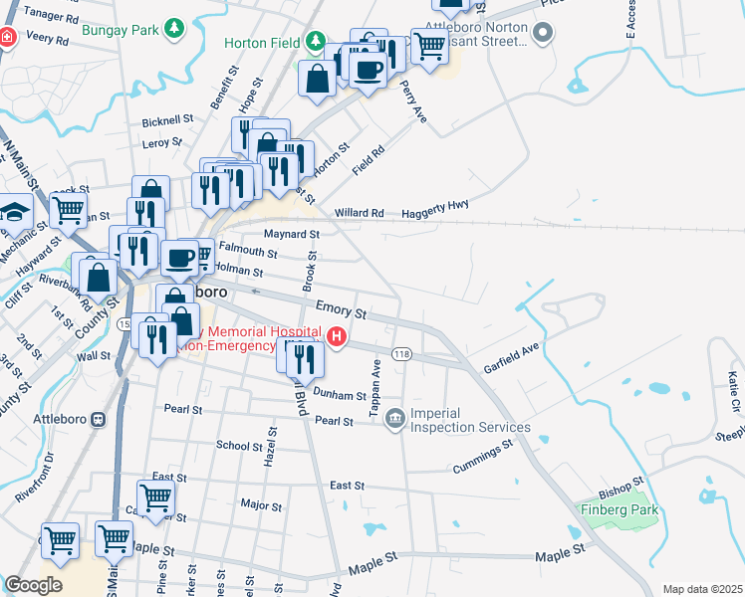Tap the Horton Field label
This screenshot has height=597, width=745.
(262, 43)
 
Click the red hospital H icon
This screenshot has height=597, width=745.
(338, 337)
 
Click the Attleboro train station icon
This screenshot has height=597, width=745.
(99, 420)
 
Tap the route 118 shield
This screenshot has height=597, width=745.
(402, 354)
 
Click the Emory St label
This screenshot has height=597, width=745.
(342, 311)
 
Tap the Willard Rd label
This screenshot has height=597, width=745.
(359, 213)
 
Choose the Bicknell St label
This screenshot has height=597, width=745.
(167, 120)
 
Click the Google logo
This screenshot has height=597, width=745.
(34, 584)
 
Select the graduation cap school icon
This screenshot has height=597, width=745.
(15, 212)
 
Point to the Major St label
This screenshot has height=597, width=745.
(263, 505)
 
